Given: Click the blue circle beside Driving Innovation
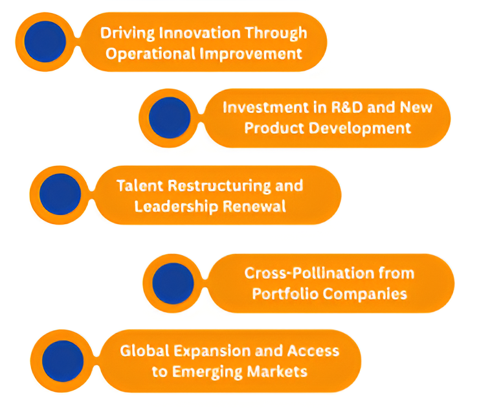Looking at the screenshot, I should [x=45, y=41].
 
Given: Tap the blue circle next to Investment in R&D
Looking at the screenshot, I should [x=169, y=118].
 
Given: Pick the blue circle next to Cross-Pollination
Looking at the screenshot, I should [x=173, y=284].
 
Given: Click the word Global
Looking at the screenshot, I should [x=142, y=350].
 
